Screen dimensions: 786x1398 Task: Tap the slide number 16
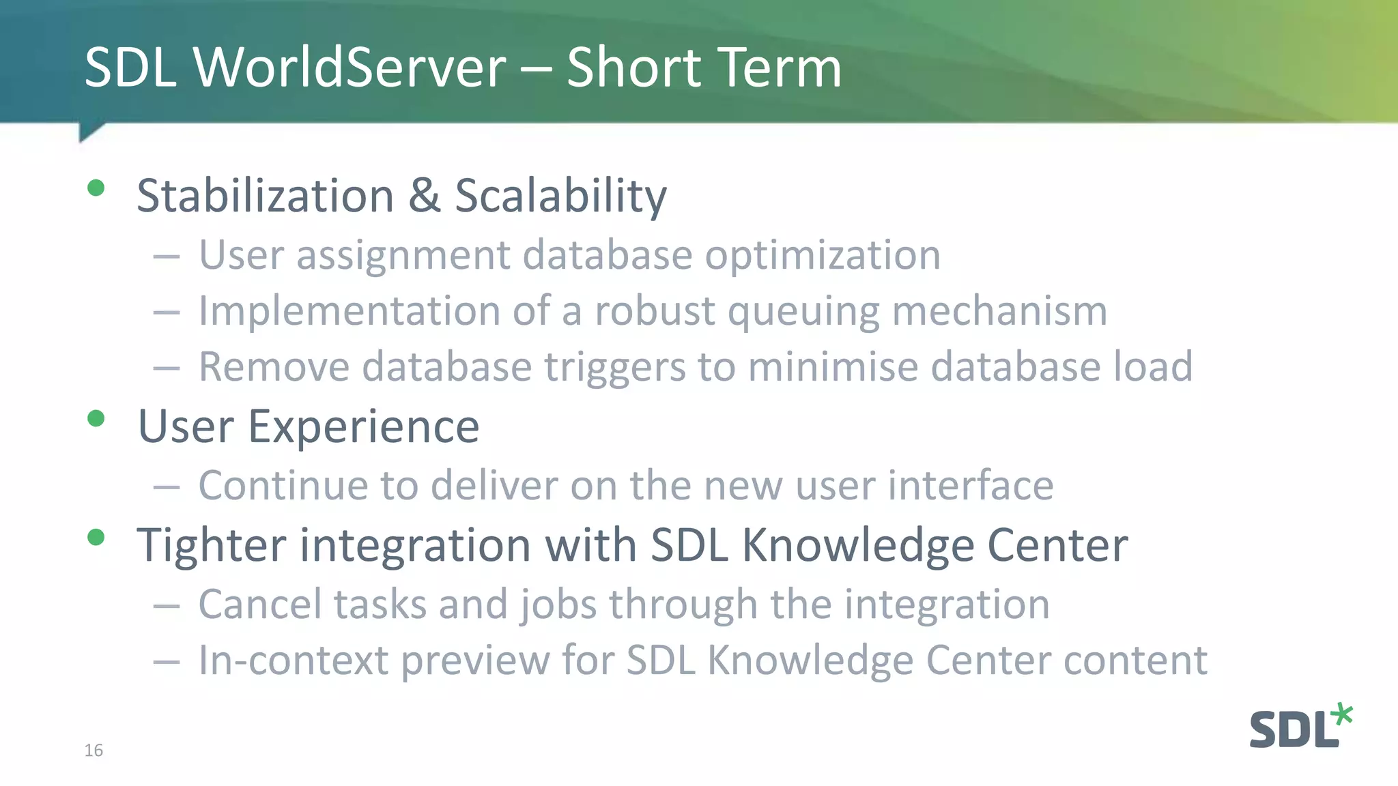94,750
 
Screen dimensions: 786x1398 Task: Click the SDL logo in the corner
1300,727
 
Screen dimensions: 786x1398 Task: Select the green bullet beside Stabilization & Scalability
96,188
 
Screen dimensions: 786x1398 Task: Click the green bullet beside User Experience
96,418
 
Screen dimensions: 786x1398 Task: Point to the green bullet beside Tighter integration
96,537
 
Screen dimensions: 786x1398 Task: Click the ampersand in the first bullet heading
424,195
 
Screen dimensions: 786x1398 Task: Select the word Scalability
560,196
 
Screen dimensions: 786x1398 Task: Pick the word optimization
823,256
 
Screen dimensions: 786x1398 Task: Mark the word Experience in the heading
363,427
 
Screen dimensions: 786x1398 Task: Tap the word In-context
293,660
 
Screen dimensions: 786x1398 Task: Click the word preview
475,660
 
